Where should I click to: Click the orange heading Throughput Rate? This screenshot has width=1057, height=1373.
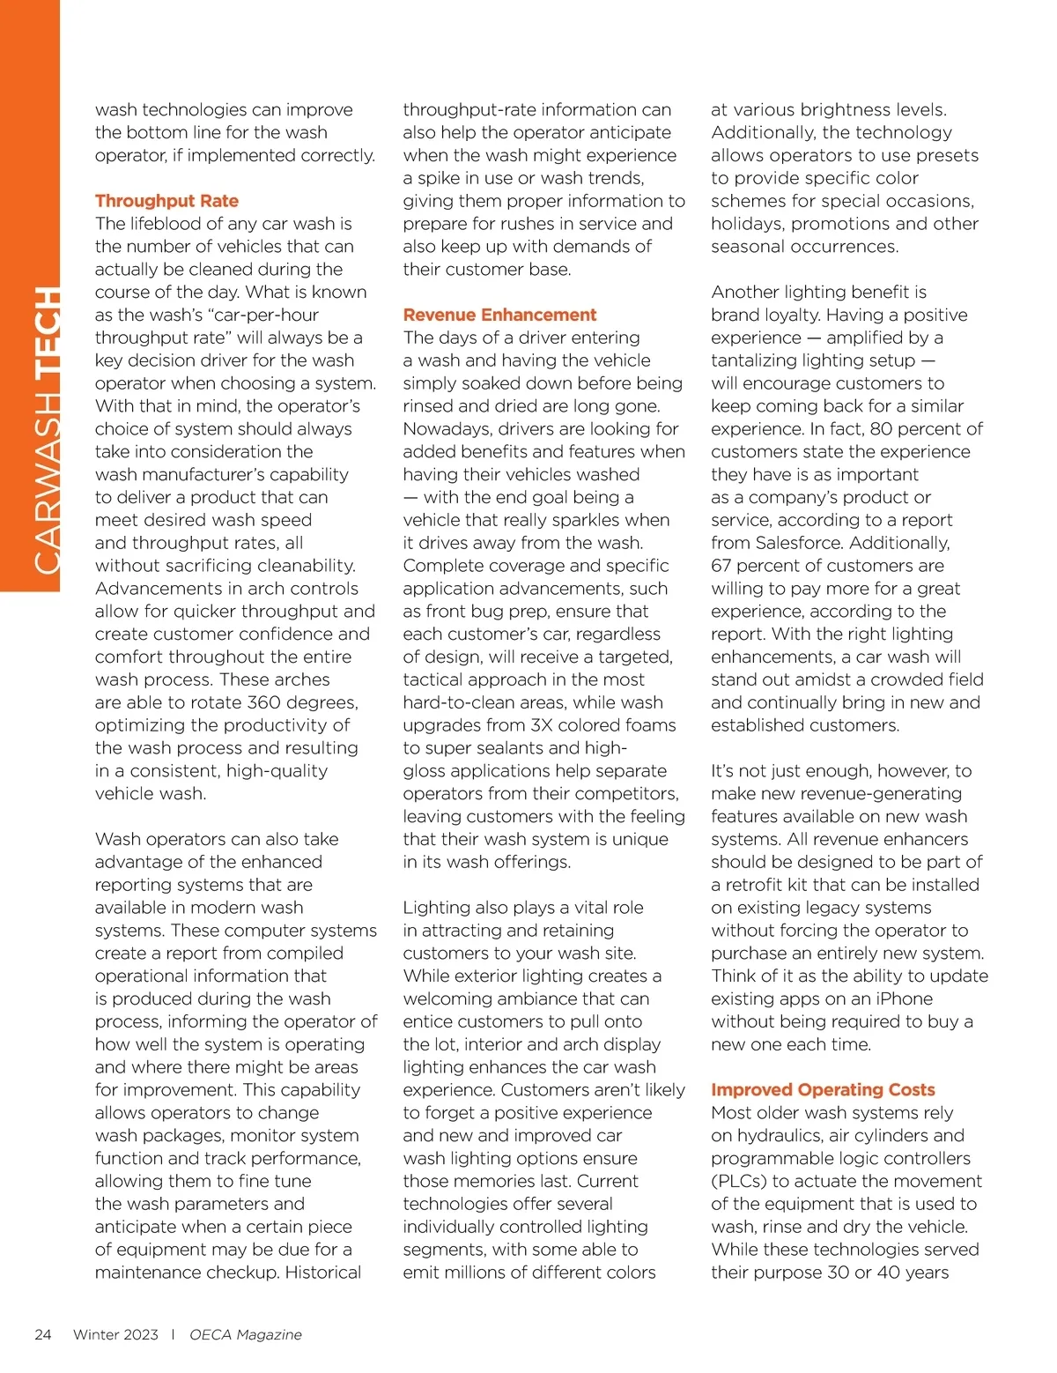pyautogui.click(x=166, y=201)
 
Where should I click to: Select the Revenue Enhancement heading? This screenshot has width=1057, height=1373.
pyautogui.click(x=499, y=315)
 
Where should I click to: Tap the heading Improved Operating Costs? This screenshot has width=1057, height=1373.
pyautogui.click(x=823, y=1090)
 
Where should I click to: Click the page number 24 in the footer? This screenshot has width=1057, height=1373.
pyautogui.click(x=43, y=1334)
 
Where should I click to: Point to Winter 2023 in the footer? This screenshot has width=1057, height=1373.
pyautogui.click(x=115, y=1334)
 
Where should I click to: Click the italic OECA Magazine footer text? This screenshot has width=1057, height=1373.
pyautogui.click(x=246, y=1334)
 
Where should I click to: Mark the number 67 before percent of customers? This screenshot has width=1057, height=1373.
pyautogui.click(x=721, y=566)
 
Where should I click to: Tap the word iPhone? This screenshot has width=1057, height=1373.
pyautogui.click(x=898, y=999)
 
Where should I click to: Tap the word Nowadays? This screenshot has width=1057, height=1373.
pyautogui.click(x=446, y=429)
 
